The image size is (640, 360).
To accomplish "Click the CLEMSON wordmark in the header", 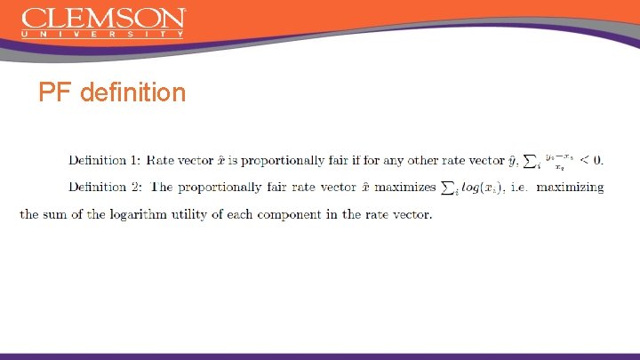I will pyautogui.click(x=103, y=18).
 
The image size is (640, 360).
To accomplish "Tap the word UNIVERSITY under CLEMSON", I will pyautogui.click(x=103, y=34).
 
